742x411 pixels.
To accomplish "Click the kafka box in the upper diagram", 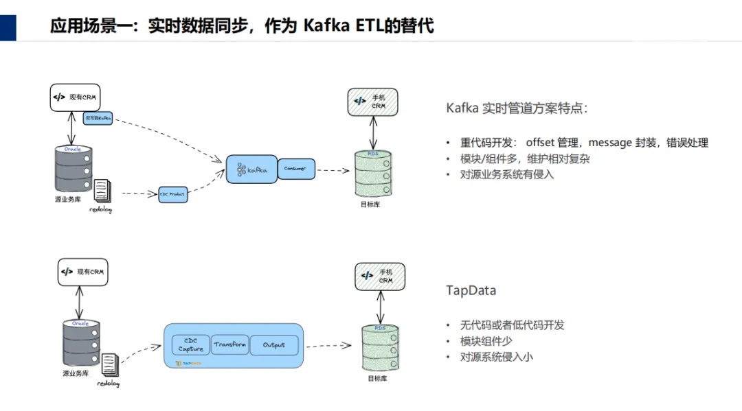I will pyautogui.click(x=251, y=169).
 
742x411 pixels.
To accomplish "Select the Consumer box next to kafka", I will pyautogui.click(x=296, y=168).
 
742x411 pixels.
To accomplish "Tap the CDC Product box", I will pyautogui.click(x=172, y=194).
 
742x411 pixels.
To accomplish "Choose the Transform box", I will pyautogui.click(x=229, y=344).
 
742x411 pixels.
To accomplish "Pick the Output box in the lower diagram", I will pyautogui.click(x=274, y=344).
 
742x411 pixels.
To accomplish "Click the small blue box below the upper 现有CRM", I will pyautogui.click(x=98, y=118).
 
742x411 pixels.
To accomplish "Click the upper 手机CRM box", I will pyautogui.click(x=372, y=102).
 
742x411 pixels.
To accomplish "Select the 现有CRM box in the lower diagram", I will pyautogui.click(x=83, y=272).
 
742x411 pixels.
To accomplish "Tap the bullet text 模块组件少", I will pyautogui.click(x=486, y=341).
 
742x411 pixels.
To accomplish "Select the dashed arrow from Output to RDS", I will pyautogui.click(x=332, y=347).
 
